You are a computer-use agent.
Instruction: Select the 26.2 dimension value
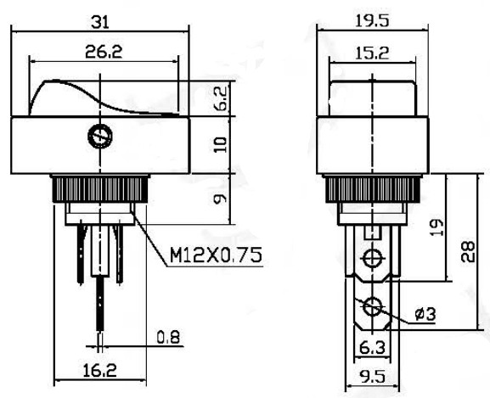pos(104,51)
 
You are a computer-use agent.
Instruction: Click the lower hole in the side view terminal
pos(371,306)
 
